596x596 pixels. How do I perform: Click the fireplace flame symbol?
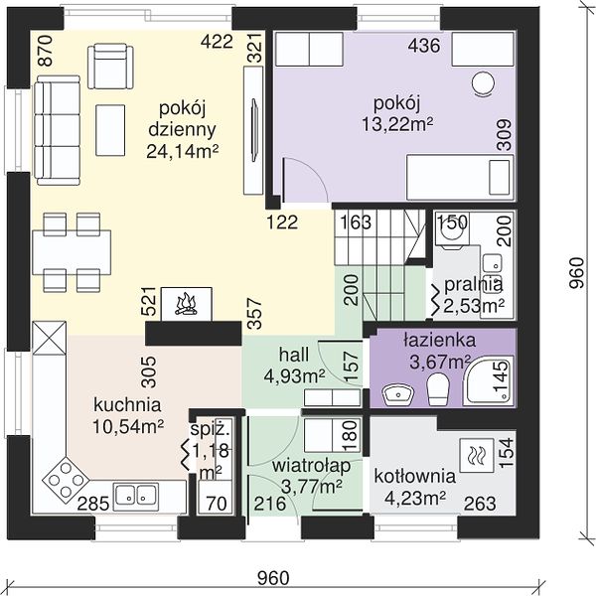point(187,305)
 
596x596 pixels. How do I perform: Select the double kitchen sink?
point(136,495)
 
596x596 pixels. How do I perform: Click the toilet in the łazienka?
point(438,389)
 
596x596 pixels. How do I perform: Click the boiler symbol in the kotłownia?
point(477,455)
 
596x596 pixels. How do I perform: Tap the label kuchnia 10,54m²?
point(128,416)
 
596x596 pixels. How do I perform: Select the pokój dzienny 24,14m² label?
point(183,130)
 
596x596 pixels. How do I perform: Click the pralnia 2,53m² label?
point(474,295)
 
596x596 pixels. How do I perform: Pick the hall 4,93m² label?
point(294,366)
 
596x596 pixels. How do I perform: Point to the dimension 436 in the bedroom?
point(424,46)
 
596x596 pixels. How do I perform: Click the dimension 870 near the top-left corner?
point(46,51)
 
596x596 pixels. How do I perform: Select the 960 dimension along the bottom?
point(273,578)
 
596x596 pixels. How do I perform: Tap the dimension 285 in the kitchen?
point(93,504)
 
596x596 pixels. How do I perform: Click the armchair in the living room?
point(110,67)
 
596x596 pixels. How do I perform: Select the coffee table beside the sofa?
point(110,130)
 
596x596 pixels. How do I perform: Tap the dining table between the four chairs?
point(72,252)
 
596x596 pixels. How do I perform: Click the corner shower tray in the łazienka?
point(489,380)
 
